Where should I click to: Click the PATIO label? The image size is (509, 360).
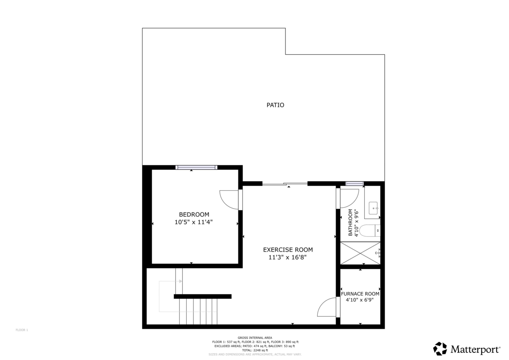275,105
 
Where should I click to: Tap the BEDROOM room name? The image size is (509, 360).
194,215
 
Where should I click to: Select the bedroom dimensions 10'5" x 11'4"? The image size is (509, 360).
194,222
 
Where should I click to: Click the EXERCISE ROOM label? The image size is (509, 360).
288,250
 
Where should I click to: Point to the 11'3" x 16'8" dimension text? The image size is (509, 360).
288,257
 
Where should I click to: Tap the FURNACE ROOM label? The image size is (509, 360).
360,293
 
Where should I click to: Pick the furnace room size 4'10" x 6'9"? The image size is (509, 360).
360,300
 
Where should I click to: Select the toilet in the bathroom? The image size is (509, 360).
372,231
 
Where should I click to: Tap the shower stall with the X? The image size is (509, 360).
360,253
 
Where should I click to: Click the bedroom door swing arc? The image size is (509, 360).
229,199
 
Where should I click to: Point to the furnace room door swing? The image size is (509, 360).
326,307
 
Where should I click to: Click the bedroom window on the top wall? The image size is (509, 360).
197,167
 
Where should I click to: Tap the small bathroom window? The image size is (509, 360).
355,184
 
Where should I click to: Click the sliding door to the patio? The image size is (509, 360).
285,184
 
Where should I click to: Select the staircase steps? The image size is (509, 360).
198,311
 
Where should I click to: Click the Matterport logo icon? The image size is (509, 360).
440,349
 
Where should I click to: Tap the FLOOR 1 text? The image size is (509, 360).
22,330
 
